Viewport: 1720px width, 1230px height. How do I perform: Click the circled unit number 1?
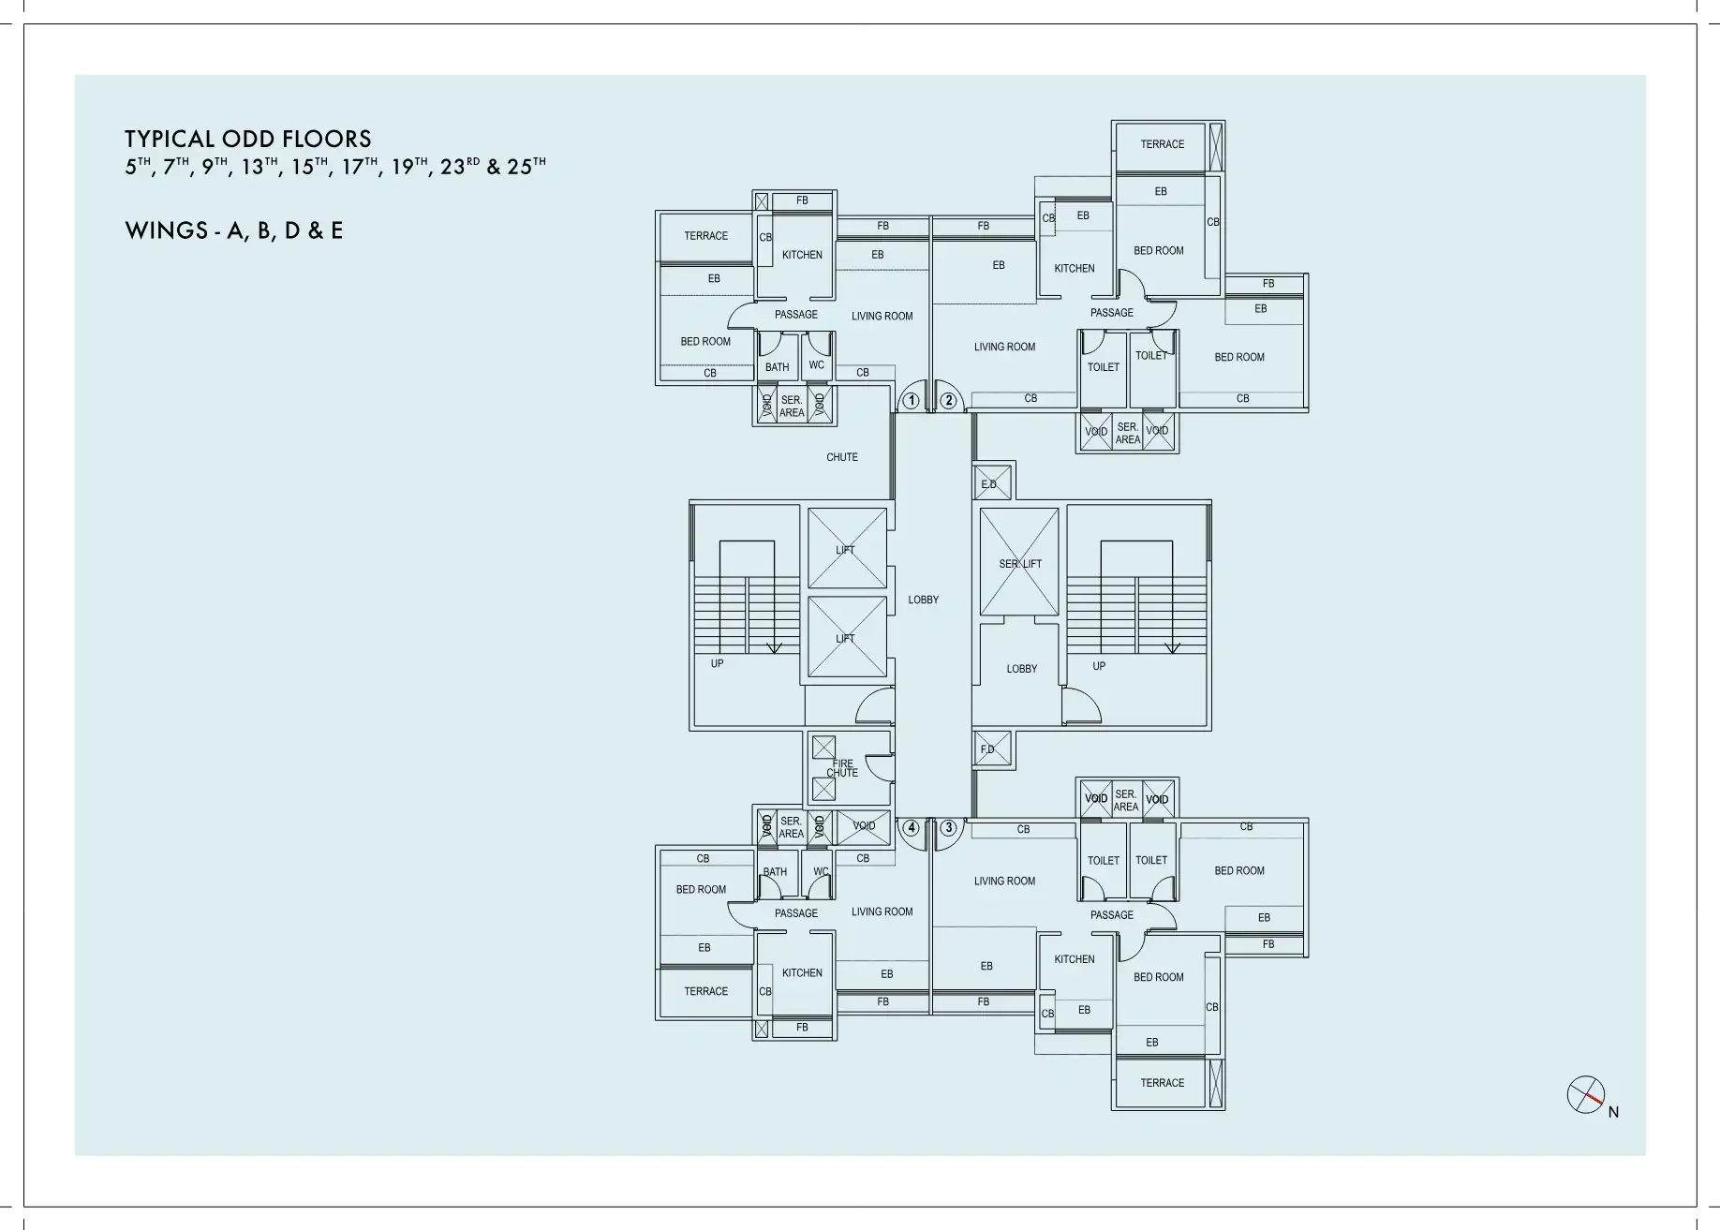click(x=911, y=401)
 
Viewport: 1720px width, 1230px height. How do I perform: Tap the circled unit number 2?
click(x=949, y=401)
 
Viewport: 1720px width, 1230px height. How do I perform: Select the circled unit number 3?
click(x=949, y=828)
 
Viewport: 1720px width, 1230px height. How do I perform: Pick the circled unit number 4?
click(x=911, y=828)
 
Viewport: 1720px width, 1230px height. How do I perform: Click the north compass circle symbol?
click(x=1586, y=1094)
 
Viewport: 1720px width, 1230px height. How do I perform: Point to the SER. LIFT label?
click(x=1020, y=564)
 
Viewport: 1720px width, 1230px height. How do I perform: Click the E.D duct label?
click(x=989, y=484)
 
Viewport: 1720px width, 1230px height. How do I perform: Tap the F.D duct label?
click(x=987, y=749)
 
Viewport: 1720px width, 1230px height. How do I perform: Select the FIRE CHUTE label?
click(x=842, y=768)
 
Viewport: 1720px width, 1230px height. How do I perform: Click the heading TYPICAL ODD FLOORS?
click(x=248, y=140)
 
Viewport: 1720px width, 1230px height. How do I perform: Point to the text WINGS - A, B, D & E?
click(x=234, y=230)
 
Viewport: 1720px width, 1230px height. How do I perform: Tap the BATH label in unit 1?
click(x=777, y=367)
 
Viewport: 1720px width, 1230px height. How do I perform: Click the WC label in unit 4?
click(x=821, y=871)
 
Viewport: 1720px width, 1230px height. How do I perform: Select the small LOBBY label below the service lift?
click(x=1022, y=669)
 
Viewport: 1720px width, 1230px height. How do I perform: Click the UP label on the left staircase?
click(x=717, y=663)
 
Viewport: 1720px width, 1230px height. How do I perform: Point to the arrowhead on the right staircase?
click(x=1172, y=648)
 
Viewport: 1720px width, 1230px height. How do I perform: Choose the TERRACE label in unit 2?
click(x=1163, y=144)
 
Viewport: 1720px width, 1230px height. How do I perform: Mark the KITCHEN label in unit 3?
click(x=1075, y=959)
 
